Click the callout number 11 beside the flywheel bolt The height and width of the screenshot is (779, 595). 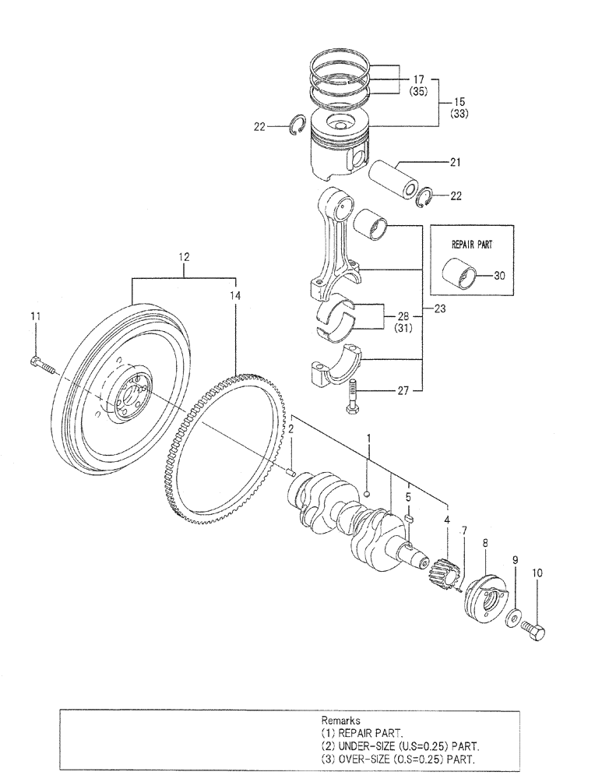(x=33, y=315)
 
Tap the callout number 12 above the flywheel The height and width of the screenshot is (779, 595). (x=184, y=256)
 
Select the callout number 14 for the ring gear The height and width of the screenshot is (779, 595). (x=236, y=295)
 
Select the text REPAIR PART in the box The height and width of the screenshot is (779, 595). (x=472, y=244)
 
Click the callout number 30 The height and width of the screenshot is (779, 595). (x=498, y=274)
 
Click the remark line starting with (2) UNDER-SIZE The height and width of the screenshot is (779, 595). (x=400, y=746)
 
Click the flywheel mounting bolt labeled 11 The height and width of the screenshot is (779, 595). (x=43, y=363)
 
